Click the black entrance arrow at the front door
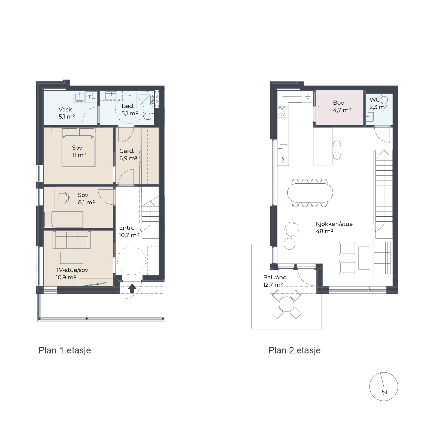click(132, 288)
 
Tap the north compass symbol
click(384, 387)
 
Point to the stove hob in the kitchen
click(282, 112)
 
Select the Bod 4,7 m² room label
click(342, 106)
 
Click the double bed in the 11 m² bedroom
click(78, 147)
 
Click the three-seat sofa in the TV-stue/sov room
click(72, 240)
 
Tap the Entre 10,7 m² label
click(129, 231)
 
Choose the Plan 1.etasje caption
click(65, 350)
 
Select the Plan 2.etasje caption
click(295, 350)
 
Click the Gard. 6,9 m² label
click(128, 155)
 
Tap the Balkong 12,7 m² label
click(275, 281)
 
